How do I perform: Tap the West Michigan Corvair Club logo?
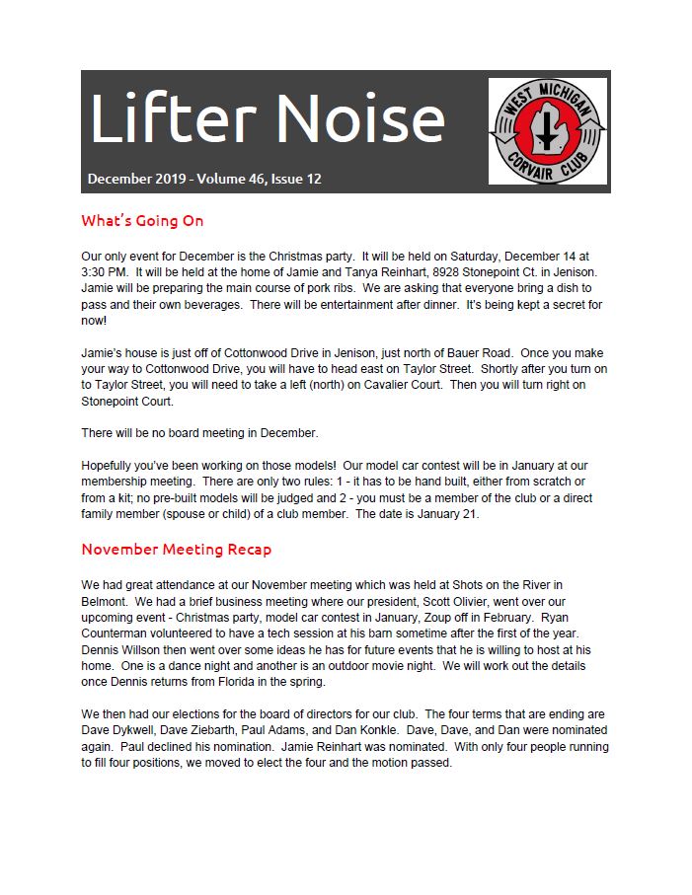547,131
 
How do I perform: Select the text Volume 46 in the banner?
234,179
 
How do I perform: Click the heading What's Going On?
142,220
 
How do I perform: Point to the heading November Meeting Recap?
176,549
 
